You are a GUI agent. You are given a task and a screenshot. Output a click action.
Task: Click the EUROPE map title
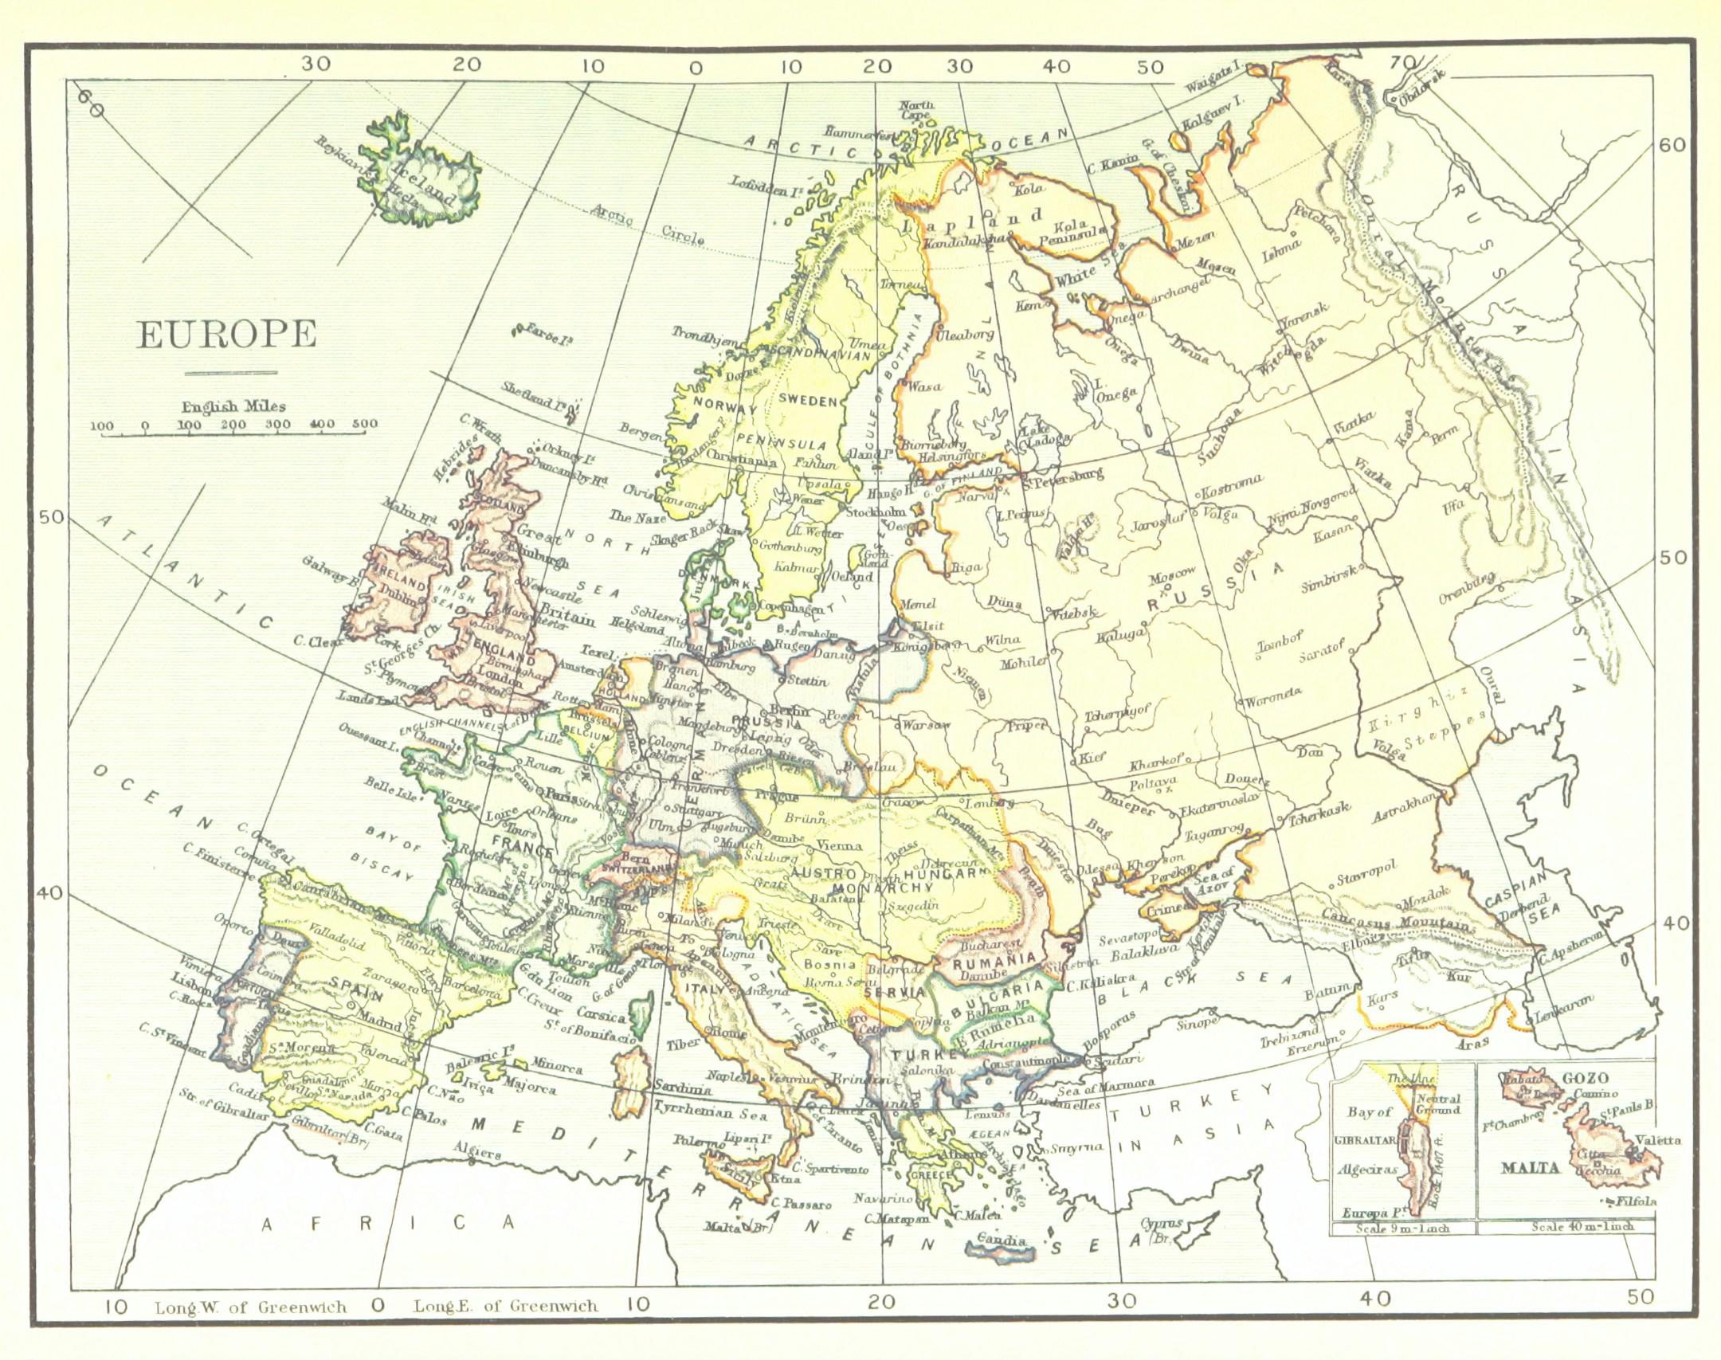227,335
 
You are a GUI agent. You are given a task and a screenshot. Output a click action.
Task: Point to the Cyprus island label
1164,1222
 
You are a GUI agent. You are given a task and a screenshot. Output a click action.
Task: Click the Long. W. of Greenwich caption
251,1307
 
